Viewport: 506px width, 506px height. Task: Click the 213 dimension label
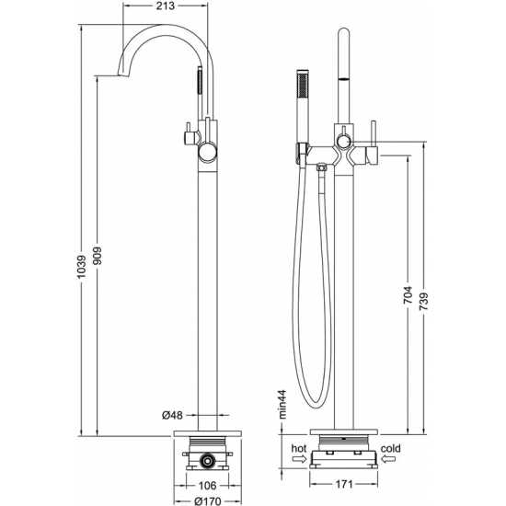click(166, 6)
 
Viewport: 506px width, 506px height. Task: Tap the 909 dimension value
click(97, 256)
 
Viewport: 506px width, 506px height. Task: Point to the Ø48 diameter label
click(172, 415)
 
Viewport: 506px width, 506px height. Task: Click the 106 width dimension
click(207, 485)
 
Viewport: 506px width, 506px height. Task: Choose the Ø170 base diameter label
click(208, 500)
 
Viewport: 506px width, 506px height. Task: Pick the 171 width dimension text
click(343, 484)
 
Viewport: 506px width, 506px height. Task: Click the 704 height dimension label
click(408, 294)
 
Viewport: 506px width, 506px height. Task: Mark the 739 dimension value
click(423, 302)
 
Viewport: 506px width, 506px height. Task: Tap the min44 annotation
click(282, 404)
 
